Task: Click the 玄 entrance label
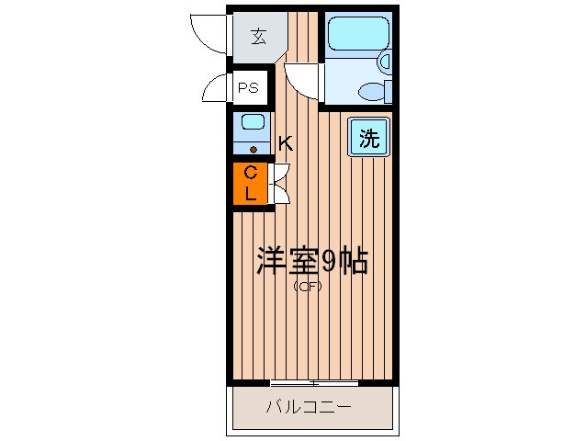tap(258, 38)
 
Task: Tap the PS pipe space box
tap(248, 89)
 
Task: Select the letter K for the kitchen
tap(285, 143)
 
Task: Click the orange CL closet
tap(250, 184)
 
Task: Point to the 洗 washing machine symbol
tap(368, 139)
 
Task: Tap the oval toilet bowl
tap(372, 91)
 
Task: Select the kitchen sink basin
tap(252, 122)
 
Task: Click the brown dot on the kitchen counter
tap(252, 148)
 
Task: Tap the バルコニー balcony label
tap(310, 407)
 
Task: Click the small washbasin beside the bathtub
tap(386, 62)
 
